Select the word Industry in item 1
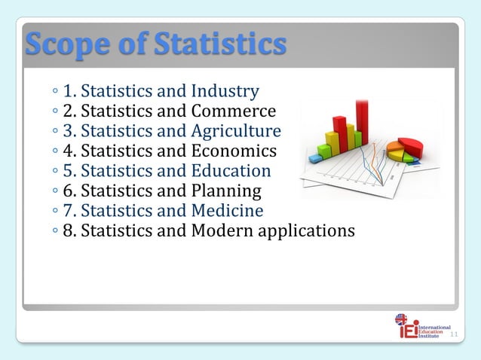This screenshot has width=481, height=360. [x=225, y=92]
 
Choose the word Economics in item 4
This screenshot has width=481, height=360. [x=234, y=151]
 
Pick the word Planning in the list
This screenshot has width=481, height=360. [x=225, y=191]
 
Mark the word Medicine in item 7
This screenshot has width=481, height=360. [x=228, y=210]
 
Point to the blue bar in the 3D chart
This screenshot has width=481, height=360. [x=315, y=157]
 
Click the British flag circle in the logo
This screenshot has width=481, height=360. [x=401, y=320]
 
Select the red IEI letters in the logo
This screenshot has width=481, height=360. [x=408, y=331]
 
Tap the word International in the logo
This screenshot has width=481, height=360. [x=434, y=328]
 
